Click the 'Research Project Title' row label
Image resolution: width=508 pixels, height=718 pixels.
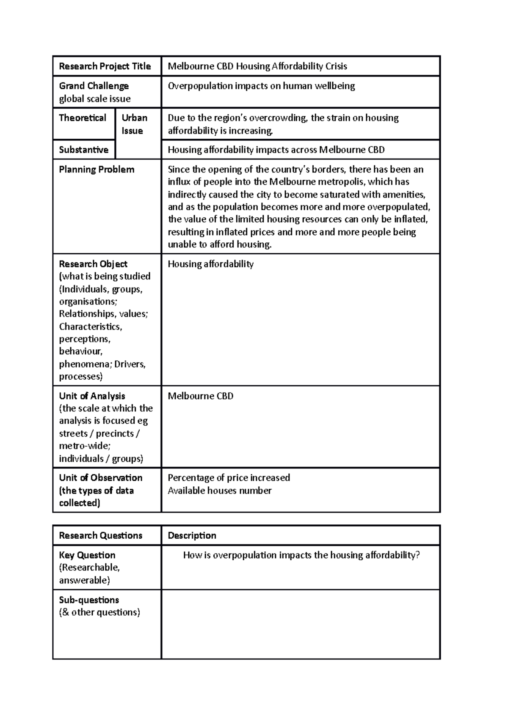coord(105,66)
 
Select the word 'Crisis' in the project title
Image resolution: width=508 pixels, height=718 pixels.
coord(336,66)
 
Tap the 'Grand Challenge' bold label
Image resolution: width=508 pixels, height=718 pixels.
coord(94,86)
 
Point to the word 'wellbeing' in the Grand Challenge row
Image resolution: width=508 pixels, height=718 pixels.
coord(334,86)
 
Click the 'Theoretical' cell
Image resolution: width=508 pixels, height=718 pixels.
coord(83,118)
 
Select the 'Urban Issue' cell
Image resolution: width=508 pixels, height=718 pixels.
coord(135,124)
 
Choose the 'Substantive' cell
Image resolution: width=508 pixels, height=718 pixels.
coord(84,150)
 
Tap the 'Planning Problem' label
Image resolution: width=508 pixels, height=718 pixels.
coord(97,170)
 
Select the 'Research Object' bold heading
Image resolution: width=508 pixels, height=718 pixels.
coord(93,264)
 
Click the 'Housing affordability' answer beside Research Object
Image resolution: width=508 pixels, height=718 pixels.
coord(210,264)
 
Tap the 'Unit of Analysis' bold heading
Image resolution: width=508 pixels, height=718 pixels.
coord(92,396)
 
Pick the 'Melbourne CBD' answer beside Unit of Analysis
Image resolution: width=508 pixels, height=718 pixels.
coord(201,396)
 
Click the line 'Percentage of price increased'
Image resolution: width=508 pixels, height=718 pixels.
coord(229,478)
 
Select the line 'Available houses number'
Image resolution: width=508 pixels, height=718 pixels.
coord(219,491)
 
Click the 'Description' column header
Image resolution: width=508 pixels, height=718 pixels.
coord(192,536)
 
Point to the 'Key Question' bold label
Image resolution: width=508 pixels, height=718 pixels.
coord(87,555)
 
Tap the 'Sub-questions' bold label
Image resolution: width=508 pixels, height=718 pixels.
coord(89,600)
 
